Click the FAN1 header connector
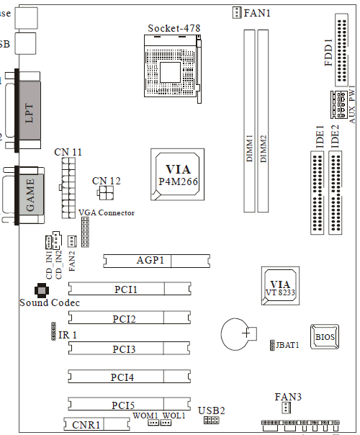[x=237, y=12]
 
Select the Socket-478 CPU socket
[x=173, y=69]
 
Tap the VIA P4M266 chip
[x=178, y=174]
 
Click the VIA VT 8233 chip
[x=280, y=286]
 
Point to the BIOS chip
[x=325, y=336]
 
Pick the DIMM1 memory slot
[x=249, y=121]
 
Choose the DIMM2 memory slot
[x=263, y=121]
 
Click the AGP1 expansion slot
[x=156, y=261]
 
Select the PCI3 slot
[x=130, y=348]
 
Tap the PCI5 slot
[x=130, y=403]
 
